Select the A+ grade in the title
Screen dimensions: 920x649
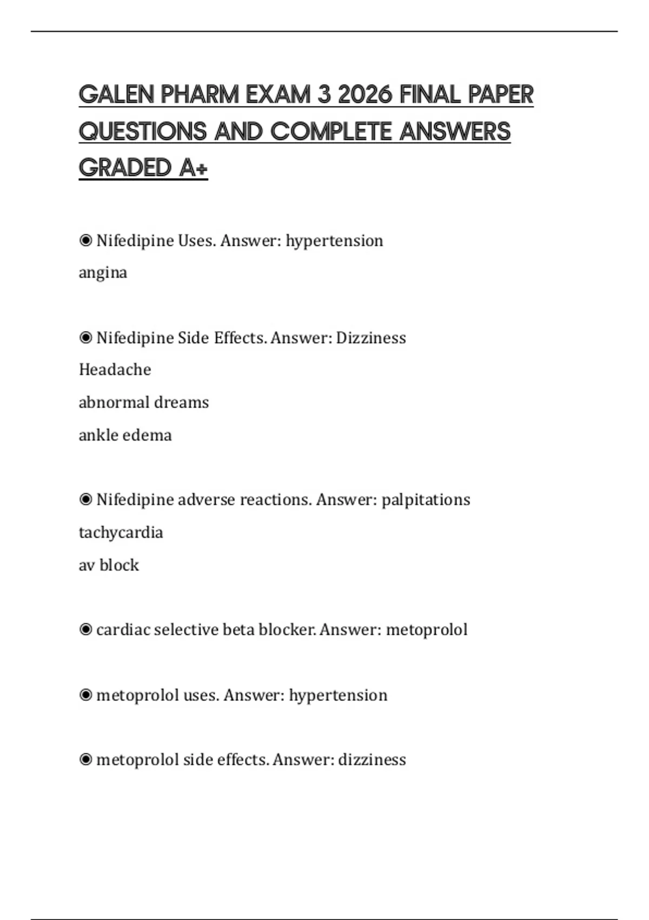pyautogui.click(x=193, y=168)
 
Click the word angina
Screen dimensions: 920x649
pyautogui.click(x=103, y=273)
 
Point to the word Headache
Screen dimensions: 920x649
pyautogui.click(x=115, y=370)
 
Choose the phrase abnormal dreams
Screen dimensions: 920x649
pyautogui.click(x=143, y=403)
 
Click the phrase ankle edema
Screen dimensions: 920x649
pyautogui.click(x=125, y=435)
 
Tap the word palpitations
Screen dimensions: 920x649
pyautogui.click(x=426, y=500)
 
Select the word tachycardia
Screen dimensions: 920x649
pyautogui.click(x=121, y=533)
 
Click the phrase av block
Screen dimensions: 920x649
pyautogui.click(x=109, y=565)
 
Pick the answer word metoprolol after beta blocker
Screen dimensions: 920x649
pyautogui.click(x=427, y=630)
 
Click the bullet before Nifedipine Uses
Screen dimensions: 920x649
pyautogui.click(x=85, y=240)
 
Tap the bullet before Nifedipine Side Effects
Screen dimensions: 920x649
pyautogui.click(x=85, y=338)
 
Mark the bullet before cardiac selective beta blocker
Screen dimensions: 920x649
pyautogui.click(x=85, y=630)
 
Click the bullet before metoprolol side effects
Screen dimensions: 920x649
pyautogui.click(x=85, y=760)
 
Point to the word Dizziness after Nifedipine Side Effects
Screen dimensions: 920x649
pyautogui.click(x=370, y=338)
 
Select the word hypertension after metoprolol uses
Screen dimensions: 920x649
pyautogui.click(x=338, y=695)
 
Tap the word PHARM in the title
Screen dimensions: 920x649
pyautogui.click(x=199, y=95)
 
